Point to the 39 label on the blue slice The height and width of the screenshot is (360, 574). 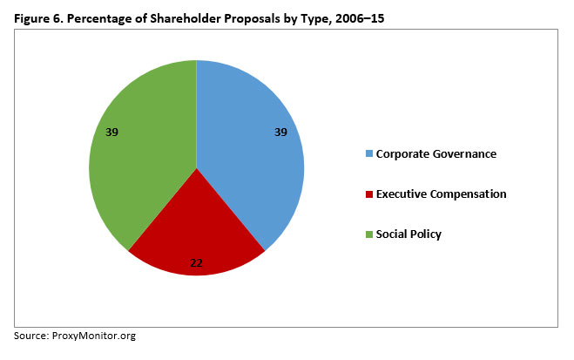click(x=280, y=132)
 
